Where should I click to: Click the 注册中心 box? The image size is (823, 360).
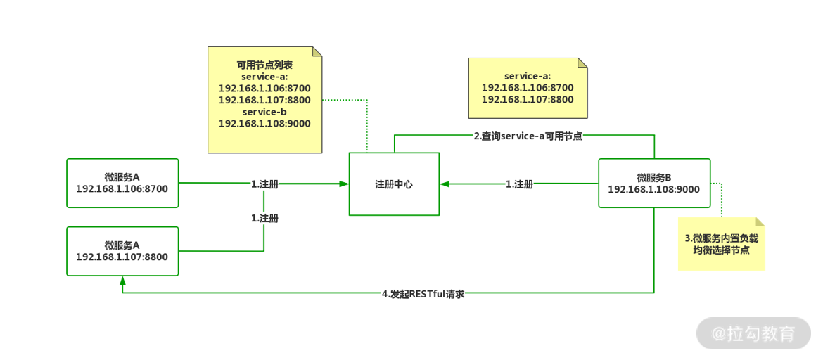(x=394, y=184)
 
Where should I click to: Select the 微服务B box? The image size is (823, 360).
(x=653, y=183)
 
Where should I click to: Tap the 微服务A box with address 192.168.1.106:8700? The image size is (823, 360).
(x=122, y=183)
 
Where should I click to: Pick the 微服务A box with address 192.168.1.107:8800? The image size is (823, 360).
(x=122, y=251)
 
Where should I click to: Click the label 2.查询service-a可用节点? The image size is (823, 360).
(x=528, y=136)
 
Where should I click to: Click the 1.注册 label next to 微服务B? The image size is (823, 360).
(x=519, y=184)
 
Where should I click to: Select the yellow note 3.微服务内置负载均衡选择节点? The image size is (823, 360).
(x=721, y=243)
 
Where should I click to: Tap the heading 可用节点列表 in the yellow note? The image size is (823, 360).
(x=264, y=65)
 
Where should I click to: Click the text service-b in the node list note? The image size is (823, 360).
(x=264, y=112)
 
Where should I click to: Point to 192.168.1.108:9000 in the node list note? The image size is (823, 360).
(x=264, y=124)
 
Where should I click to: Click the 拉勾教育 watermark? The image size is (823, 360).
(x=753, y=333)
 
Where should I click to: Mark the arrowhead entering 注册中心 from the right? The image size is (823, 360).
(x=445, y=184)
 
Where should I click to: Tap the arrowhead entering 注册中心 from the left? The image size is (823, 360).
(x=344, y=184)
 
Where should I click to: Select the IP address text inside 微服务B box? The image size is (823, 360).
(x=653, y=189)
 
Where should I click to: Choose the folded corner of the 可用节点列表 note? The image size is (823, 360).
(x=317, y=51)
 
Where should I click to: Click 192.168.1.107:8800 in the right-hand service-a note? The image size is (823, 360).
(x=528, y=100)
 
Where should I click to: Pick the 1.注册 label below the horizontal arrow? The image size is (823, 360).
(x=264, y=219)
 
